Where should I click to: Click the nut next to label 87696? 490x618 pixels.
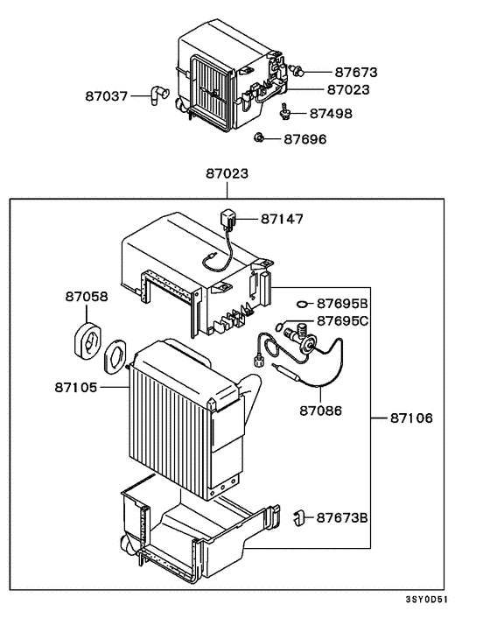260,137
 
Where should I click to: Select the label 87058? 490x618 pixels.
86,297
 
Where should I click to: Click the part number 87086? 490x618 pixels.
321,409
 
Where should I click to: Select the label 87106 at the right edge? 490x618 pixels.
411,418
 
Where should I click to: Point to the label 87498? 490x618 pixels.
328,113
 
